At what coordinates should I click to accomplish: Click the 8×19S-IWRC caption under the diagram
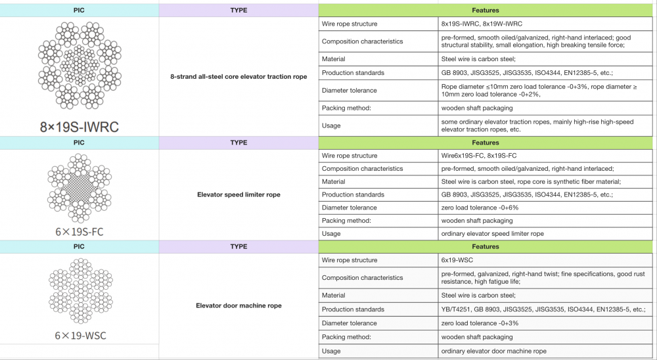pyautogui.click(x=79, y=127)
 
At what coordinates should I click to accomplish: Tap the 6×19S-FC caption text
pyautogui.click(x=79, y=232)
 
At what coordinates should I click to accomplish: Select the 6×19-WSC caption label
pyautogui.click(x=80, y=336)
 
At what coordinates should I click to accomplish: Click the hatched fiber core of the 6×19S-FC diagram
pyautogui.click(x=79, y=187)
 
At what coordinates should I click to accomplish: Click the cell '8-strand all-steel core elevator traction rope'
pyautogui.click(x=238, y=77)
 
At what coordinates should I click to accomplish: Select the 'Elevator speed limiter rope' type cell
pyautogui.click(x=238, y=194)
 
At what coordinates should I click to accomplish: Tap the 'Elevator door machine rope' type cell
pyautogui.click(x=238, y=305)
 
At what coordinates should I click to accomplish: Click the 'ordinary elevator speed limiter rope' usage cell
pyautogui.click(x=493, y=234)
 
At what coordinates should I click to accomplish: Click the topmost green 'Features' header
pyautogui.click(x=486, y=11)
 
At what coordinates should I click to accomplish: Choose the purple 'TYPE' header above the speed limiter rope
pyautogui.click(x=238, y=143)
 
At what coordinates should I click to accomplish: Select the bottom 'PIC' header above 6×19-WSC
pyautogui.click(x=79, y=247)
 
